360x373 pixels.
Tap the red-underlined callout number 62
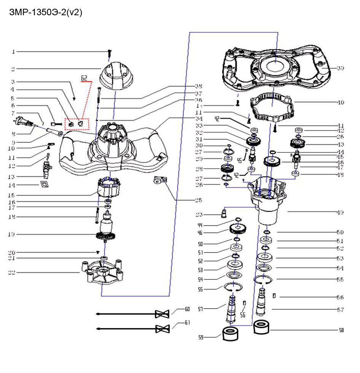85,78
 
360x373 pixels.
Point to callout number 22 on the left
13,272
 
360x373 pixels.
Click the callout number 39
340,68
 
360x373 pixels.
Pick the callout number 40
340,102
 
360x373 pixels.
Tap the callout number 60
187,309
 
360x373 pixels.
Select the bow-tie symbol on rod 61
162,328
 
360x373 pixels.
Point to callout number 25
198,200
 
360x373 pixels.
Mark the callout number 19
13,234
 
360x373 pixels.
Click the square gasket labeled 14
44,185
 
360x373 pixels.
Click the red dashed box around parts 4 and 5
76,124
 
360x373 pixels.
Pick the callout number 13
13,176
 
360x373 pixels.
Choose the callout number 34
198,119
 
